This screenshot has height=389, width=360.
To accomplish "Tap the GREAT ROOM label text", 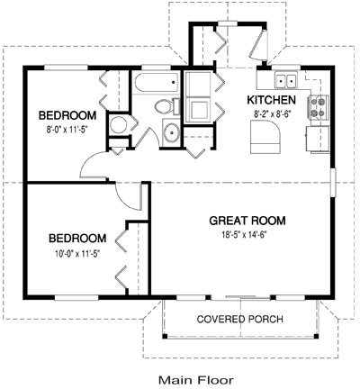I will point(247,220).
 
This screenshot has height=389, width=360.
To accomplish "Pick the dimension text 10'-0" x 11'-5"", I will point(76,253).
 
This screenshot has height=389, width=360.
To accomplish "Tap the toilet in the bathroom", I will point(163,108).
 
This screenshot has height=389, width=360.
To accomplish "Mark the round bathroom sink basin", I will point(172,134).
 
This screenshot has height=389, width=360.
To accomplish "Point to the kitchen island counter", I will point(265,138).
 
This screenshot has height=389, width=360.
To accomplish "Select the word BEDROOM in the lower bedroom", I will point(76,239).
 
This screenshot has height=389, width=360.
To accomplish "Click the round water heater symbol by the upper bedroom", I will point(118,126).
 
